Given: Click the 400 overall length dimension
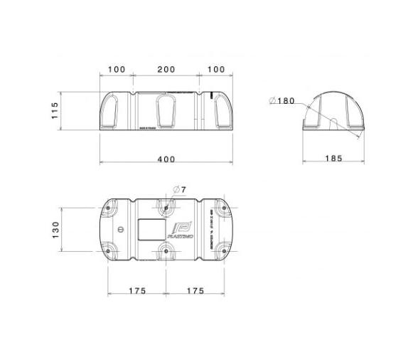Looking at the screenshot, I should point(166,159).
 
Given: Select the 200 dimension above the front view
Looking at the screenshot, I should point(166,70).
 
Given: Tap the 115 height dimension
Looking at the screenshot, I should point(54,111).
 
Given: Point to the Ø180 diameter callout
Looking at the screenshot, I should point(282,101).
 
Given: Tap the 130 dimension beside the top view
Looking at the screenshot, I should point(54,230).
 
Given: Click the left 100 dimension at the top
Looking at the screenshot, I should point(117,70).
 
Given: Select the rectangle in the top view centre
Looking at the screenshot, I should point(148,230).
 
